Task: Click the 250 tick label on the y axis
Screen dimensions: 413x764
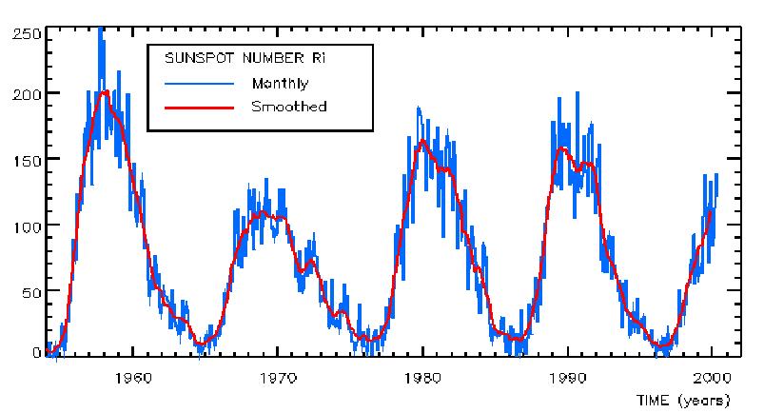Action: tap(26, 33)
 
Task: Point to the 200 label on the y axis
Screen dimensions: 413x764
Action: tap(26, 94)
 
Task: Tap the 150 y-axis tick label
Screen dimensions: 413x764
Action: tap(26, 159)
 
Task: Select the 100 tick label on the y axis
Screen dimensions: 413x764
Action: tap(26, 225)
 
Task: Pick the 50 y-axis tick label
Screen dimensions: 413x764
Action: tap(29, 289)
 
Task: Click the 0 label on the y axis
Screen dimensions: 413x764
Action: tap(35, 352)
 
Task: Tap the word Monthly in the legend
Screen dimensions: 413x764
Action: tap(280, 83)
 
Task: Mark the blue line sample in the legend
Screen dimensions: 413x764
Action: tap(198, 83)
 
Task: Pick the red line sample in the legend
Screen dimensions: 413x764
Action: tap(198, 107)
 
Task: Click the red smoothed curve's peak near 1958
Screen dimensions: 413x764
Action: tap(105, 91)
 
